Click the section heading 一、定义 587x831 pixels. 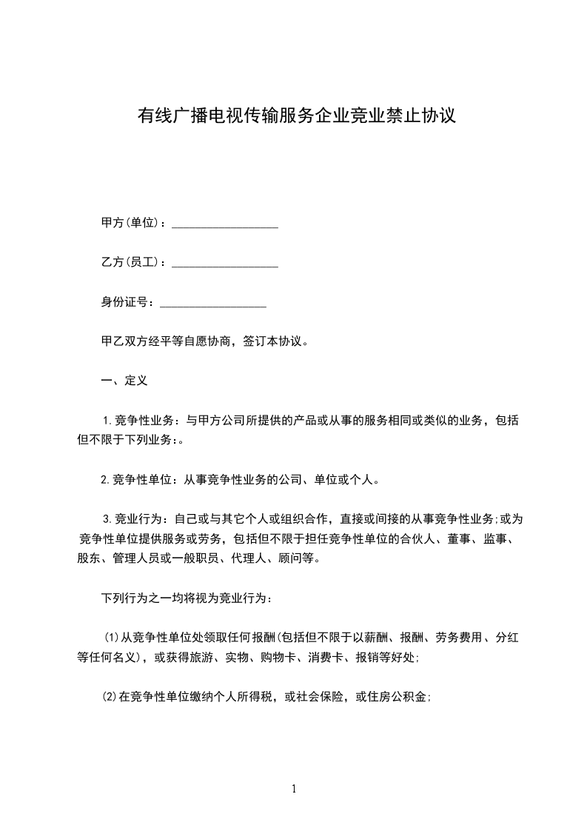124,381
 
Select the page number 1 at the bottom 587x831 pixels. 294,789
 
